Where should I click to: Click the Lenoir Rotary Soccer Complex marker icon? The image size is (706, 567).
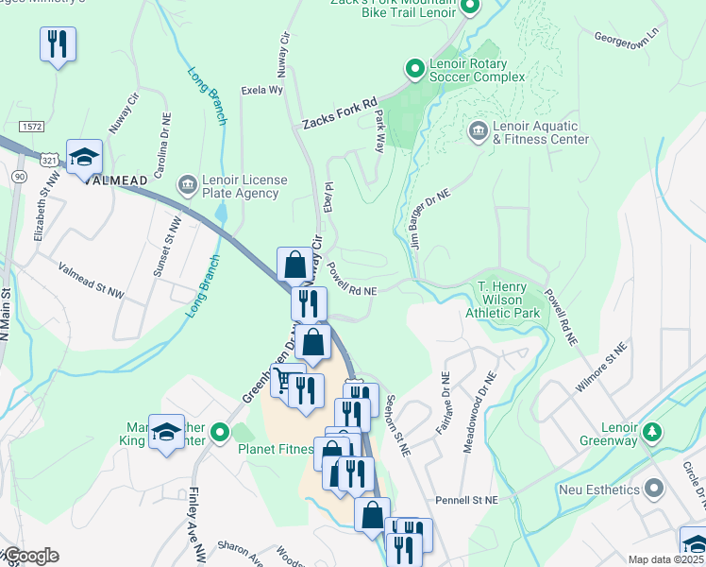point(413,68)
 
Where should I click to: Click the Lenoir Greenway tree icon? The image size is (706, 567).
point(650,433)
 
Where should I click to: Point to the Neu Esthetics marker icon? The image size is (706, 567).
point(653,490)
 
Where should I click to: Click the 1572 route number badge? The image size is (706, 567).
point(31,126)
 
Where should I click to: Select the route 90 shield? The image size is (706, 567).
point(19,177)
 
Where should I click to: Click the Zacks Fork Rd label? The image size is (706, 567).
point(339,112)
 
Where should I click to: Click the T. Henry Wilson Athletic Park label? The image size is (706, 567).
point(509,300)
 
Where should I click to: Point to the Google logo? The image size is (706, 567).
point(30,556)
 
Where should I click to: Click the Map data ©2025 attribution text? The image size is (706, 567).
point(664,559)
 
